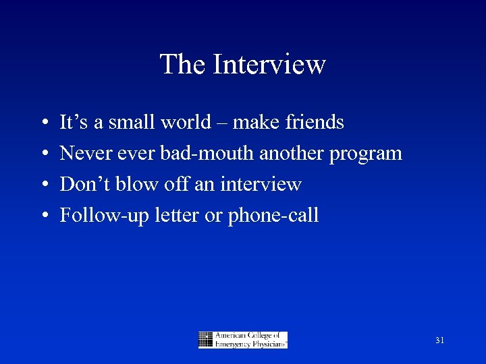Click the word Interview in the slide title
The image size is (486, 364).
point(269,65)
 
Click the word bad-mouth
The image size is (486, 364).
point(207,153)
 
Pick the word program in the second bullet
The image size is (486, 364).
point(366,154)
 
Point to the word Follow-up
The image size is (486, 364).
point(95,216)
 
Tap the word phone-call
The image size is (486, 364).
point(273,216)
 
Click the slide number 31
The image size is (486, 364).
point(439,340)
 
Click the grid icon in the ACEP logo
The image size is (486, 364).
point(206,340)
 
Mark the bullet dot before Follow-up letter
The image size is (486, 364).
point(43,216)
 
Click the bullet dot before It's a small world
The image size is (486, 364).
point(43,123)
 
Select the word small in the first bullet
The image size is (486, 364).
point(134,122)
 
